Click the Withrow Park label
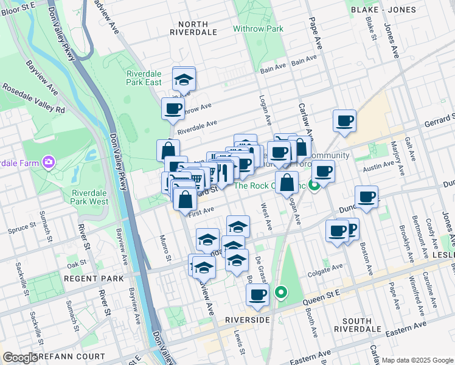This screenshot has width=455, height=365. coord(259,29)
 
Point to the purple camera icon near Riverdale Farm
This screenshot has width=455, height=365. coord(47,162)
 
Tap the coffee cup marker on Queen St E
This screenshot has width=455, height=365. coord(257,295)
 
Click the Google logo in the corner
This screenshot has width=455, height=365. coord(21,358)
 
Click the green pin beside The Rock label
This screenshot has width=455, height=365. coord(314,185)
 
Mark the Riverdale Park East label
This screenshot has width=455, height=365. coord(144,78)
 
